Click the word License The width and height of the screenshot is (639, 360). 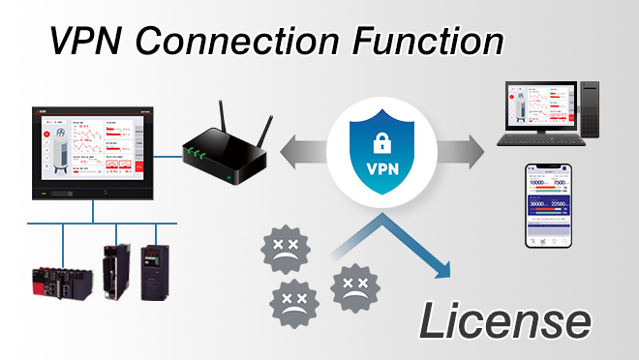(x=503, y=320)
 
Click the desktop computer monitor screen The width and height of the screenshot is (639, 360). (x=534, y=107)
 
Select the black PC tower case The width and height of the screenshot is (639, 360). (x=588, y=110)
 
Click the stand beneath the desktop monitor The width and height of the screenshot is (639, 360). (x=534, y=139)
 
